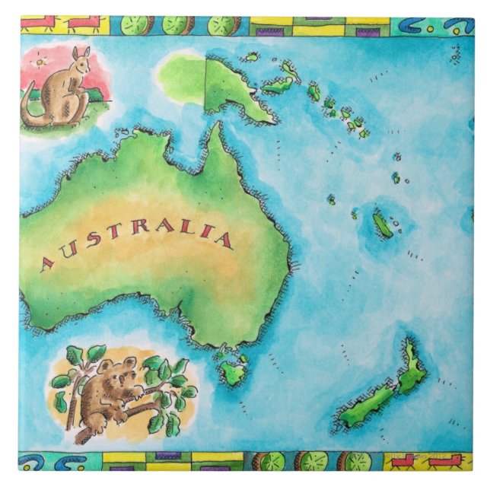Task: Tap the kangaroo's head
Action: pos(79,59)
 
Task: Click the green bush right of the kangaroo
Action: pos(95,95)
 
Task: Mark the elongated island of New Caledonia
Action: pos(382,224)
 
